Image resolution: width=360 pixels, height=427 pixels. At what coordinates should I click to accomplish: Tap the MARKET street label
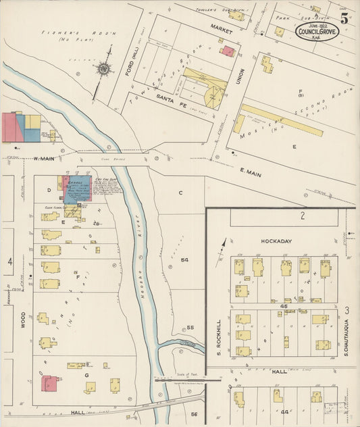point(220,30)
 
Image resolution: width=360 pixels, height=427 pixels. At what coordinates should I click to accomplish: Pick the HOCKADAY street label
point(280,240)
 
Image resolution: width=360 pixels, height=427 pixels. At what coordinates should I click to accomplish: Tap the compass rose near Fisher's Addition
point(104,68)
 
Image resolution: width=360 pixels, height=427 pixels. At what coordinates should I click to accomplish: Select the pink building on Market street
point(229,51)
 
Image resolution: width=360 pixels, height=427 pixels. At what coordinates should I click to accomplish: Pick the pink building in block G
point(49,384)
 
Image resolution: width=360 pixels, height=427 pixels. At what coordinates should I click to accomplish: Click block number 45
point(284,307)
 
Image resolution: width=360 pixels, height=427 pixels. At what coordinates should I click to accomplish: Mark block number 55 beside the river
point(190,328)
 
